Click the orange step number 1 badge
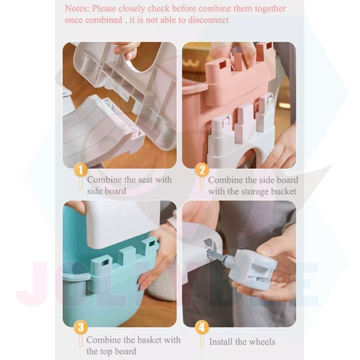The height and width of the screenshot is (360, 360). pyautogui.click(x=81, y=171)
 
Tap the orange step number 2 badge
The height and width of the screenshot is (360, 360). pyautogui.click(x=202, y=171)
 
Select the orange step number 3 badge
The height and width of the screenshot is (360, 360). pyautogui.click(x=81, y=327)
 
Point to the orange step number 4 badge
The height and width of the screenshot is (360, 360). pyautogui.click(x=202, y=327)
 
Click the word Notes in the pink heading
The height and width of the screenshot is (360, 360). pyautogui.click(x=77, y=9)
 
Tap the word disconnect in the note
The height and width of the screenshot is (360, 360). pyautogui.click(x=209, y=20)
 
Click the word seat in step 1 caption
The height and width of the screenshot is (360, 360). pyautogui.click(x=142, y=180)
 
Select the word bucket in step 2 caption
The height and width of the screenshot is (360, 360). pyautogui.click(x=283, y=191)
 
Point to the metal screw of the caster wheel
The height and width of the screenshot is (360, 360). pyautogui.click(x=216, y=255)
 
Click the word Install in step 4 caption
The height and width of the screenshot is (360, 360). pyautogui.click(x=221, y=342)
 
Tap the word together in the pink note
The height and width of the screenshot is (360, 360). pyautogui.click(x=270, y=9)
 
